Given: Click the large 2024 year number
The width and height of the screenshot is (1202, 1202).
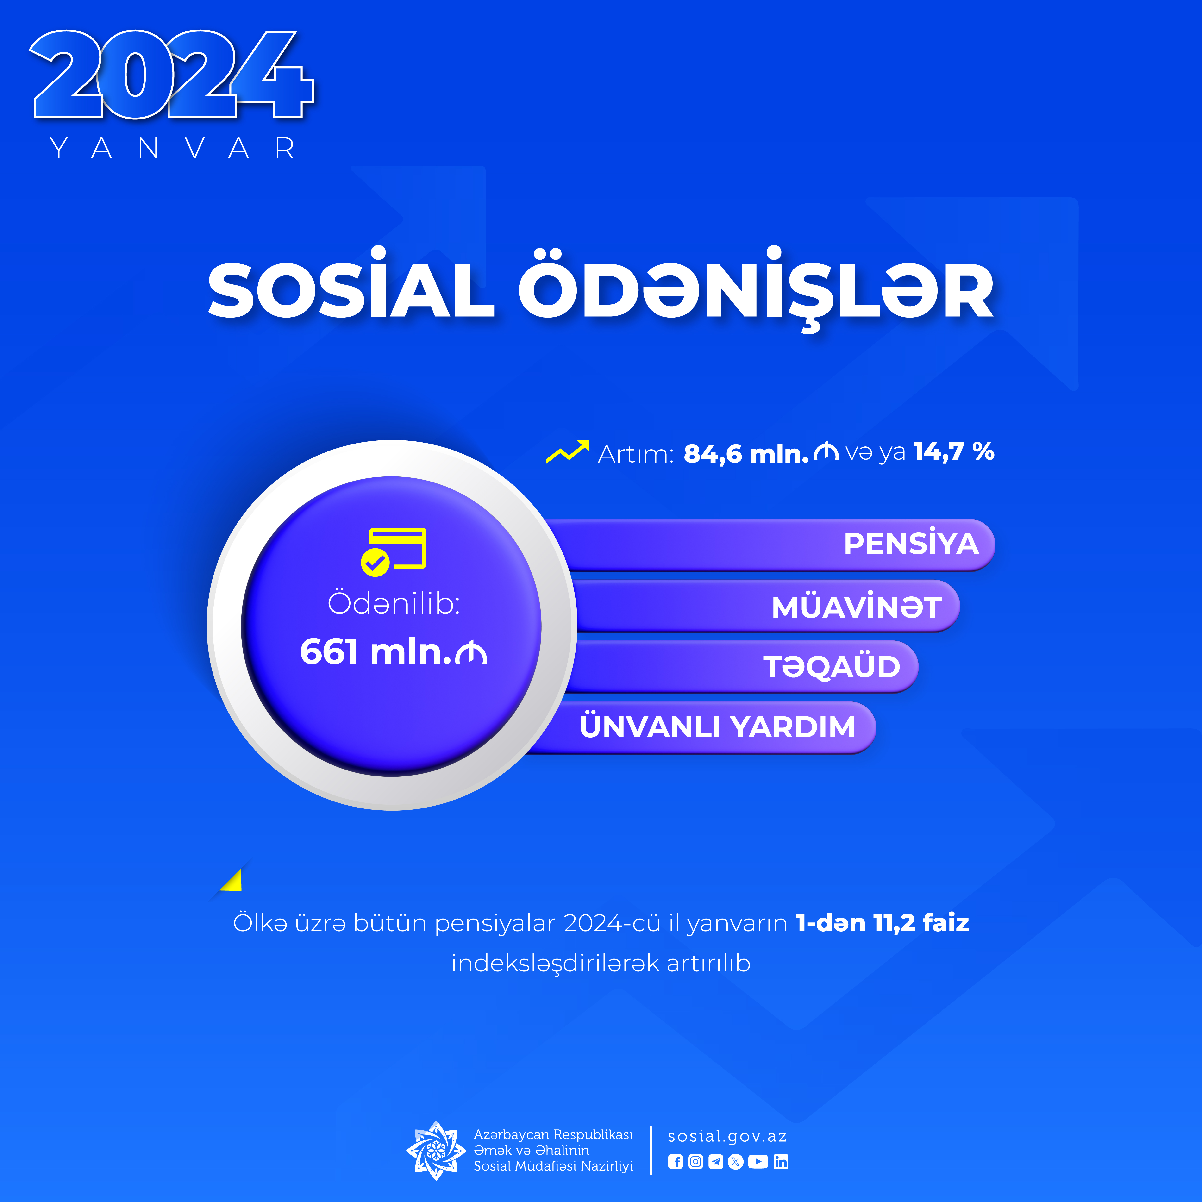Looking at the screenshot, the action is [x=172, y=75].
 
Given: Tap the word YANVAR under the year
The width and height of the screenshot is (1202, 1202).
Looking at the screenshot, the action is [x=172, y=148].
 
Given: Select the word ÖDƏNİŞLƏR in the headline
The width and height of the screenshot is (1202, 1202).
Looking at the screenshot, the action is [x=756, y=290].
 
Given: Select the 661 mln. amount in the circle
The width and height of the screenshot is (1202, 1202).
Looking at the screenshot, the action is [x=393, y=652].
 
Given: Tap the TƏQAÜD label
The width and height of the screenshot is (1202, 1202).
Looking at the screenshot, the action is [x=832, y=666].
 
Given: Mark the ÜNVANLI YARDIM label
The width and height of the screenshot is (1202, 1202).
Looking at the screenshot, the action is [x=717, y=726].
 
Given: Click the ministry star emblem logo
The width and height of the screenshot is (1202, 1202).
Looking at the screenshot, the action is [x=436, y=1150].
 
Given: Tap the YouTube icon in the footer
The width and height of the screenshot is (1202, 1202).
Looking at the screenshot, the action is [x=758, y=1162].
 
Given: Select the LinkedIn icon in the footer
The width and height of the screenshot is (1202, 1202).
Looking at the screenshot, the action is [x=781, y=1162].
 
